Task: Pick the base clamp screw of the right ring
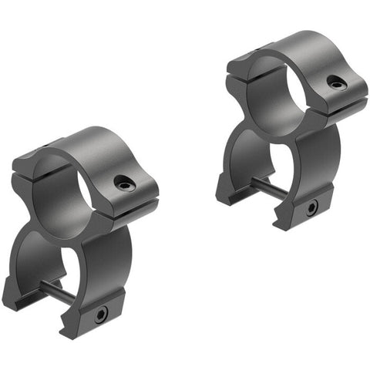tap(312, 207)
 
